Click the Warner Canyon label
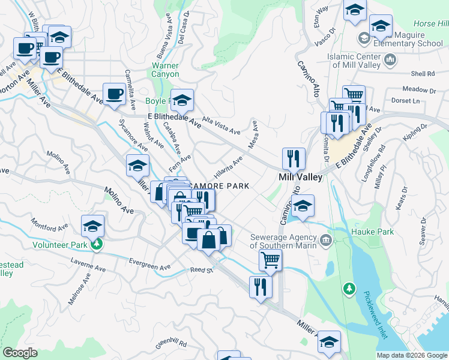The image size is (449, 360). (x=165, y=70)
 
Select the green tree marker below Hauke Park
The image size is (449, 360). (x=349, y=290)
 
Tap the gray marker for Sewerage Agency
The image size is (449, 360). (x=326, y=241)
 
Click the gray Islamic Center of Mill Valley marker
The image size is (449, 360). (x=390, y=59)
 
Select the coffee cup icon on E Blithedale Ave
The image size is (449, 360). (x=114, y=94)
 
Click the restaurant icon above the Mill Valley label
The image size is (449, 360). (x=294, y=158)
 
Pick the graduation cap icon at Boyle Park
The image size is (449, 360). (x=182, y=100)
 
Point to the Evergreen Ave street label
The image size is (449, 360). (x=150, y=264)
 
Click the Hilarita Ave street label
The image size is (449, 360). (x=226, y=165)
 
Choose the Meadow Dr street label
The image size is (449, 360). (x=418, y=90)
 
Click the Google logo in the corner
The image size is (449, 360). (x=20, y=353)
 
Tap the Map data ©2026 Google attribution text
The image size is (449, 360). (x=412, y=355)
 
